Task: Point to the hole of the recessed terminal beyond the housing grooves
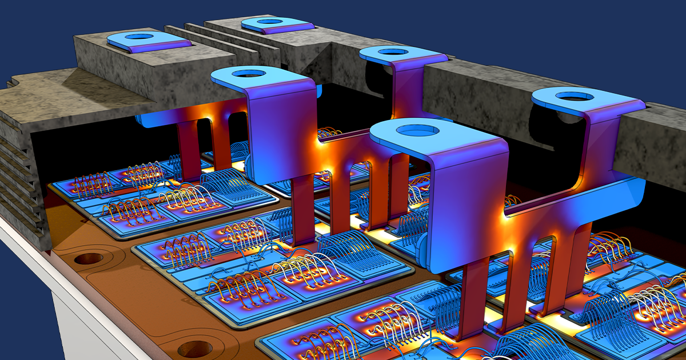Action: pyautogui.click(x=270, y=22)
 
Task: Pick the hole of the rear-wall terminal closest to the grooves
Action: pyautogui.click(x=393, y=52)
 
